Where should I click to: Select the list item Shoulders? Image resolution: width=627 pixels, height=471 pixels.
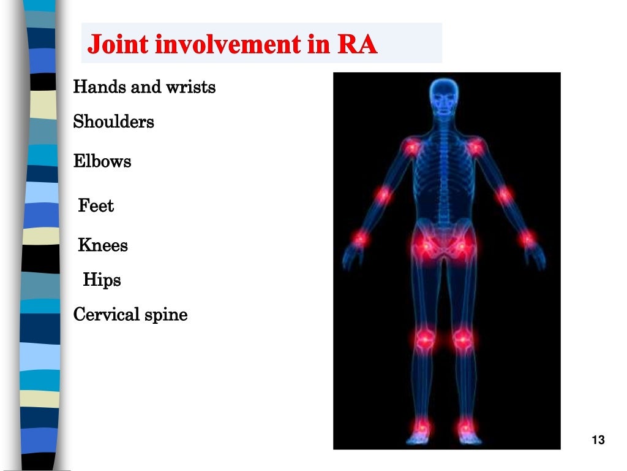coord(113,122)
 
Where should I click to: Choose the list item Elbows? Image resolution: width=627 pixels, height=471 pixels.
coord(102,162)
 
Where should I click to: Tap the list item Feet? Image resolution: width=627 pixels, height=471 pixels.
coord(96,206)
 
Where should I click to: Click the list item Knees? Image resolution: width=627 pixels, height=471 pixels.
coord(103,246)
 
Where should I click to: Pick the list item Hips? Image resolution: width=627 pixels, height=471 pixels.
coord(102,281)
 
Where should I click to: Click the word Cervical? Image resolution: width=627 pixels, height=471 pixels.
coord(107,315)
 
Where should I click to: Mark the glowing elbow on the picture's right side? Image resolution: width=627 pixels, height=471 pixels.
coord(504,195)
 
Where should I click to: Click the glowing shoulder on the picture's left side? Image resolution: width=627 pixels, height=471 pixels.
coord(411,147)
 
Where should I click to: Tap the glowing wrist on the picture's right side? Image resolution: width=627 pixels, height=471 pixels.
coord(527,238)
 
